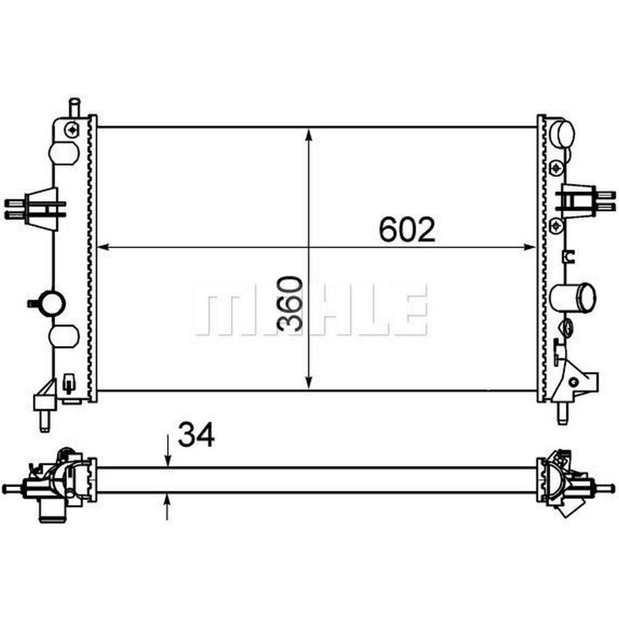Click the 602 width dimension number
[407, 230]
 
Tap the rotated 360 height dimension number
[290, 303]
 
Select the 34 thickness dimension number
[196, 435]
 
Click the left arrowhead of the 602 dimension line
[103, 248]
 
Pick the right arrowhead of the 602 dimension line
[530, 248]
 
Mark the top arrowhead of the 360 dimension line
[309, 134]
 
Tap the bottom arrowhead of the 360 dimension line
[309, 384]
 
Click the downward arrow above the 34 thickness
[168, 451]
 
